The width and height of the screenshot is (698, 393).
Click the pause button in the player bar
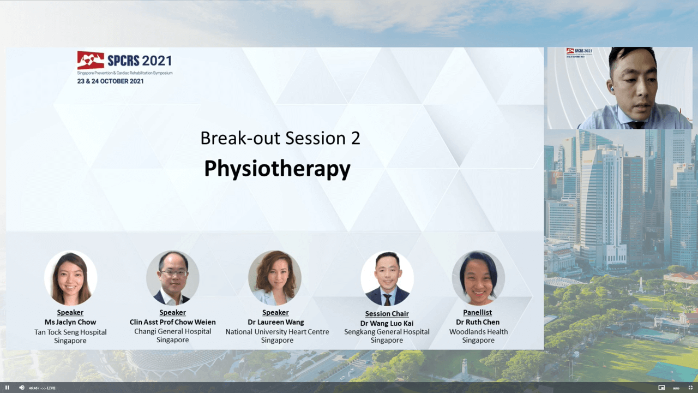[8, 388]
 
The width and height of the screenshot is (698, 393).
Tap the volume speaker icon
[21, 388]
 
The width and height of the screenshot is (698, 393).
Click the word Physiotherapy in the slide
[278, 169]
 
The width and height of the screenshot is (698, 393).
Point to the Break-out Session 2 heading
[280, 138]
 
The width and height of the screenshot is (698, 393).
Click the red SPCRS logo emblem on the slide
[91, 60]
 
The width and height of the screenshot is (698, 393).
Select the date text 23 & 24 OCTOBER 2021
[111, 81]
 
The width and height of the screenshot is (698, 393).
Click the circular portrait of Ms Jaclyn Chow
[70, 278]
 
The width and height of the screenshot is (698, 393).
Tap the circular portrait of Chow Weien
[173, 278]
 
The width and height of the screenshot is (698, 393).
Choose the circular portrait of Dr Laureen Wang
[275, 278]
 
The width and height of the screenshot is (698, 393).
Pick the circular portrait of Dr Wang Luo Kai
[387, 278]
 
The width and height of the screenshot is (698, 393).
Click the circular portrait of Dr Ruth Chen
[478, 278]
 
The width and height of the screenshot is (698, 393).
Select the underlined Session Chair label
[387, 314]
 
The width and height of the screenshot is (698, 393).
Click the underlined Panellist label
[477, 313]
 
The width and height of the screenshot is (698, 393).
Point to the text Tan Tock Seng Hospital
[70, 332]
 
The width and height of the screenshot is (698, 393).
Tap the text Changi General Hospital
[173, 331]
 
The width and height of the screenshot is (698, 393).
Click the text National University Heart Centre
[277, 332]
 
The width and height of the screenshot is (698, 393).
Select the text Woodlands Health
[478, 332]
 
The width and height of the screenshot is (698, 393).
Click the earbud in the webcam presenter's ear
[612, 90]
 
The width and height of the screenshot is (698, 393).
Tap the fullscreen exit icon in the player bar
[690, 388]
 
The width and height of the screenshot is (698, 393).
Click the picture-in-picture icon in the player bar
[661, 388]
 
